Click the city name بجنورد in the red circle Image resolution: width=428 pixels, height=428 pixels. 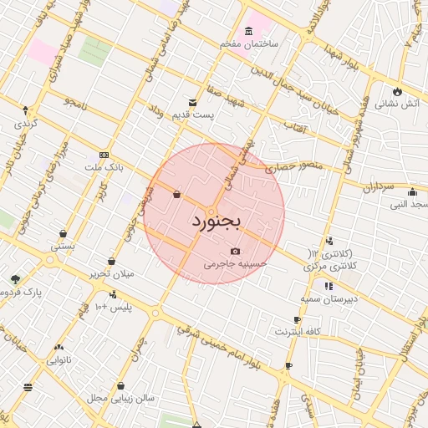pyautogui.click(x=215, y=222)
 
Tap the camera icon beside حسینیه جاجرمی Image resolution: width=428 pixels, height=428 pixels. pyautogui.click(x=235, y=252)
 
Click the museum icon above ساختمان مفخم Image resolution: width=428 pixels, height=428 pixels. pyautogui.click(x=250, y=30)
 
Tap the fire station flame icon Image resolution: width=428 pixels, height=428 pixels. pyautogui.click(x=396, y=92)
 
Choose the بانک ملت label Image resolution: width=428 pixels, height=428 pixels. pyautogui.click(x=103, y=167)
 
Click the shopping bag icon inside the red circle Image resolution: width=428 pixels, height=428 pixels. pyautogui.click(x=177, y=195)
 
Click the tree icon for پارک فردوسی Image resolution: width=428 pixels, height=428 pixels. pyautogui.click(x=15, y=278)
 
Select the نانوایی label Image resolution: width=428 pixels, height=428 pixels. pyautogui.click(x=59, y=360)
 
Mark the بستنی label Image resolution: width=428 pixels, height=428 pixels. pyautogui.click(x=64, y=247)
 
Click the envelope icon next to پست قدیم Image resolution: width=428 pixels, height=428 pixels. pyautogui.click(x=193, y=103)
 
